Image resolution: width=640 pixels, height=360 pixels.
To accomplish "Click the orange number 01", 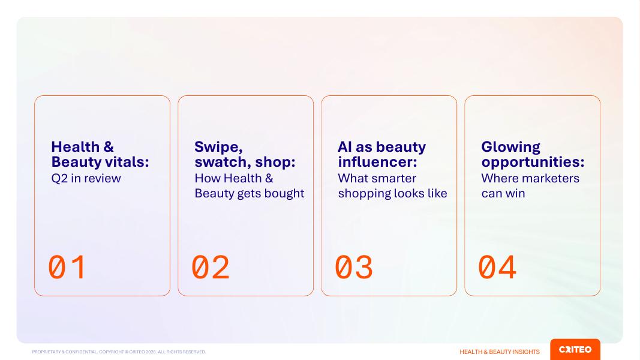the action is point(67,268).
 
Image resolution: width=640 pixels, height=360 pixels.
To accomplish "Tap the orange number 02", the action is point(211,268).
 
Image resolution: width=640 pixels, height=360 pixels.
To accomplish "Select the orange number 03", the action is point(354,268).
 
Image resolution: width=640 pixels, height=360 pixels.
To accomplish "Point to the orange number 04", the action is point(497,268).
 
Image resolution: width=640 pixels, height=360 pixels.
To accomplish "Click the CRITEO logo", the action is point(575,349).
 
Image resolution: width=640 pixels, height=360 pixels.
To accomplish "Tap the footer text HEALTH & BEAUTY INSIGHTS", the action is point(500,352).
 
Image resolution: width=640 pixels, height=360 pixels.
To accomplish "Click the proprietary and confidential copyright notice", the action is point(119,352).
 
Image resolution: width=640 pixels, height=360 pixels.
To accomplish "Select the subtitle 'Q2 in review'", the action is point(86,178).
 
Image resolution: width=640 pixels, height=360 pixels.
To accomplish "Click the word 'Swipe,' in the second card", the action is point(218,147).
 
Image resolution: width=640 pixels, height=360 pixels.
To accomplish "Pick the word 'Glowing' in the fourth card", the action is point(510,148).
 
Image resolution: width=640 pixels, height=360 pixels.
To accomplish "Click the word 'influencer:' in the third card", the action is point(377,161).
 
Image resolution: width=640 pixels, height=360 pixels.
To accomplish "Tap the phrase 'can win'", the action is point(503,193).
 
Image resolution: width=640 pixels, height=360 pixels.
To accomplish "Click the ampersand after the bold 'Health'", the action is point(109,147).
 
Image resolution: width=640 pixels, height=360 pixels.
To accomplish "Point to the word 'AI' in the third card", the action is point(344,147).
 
